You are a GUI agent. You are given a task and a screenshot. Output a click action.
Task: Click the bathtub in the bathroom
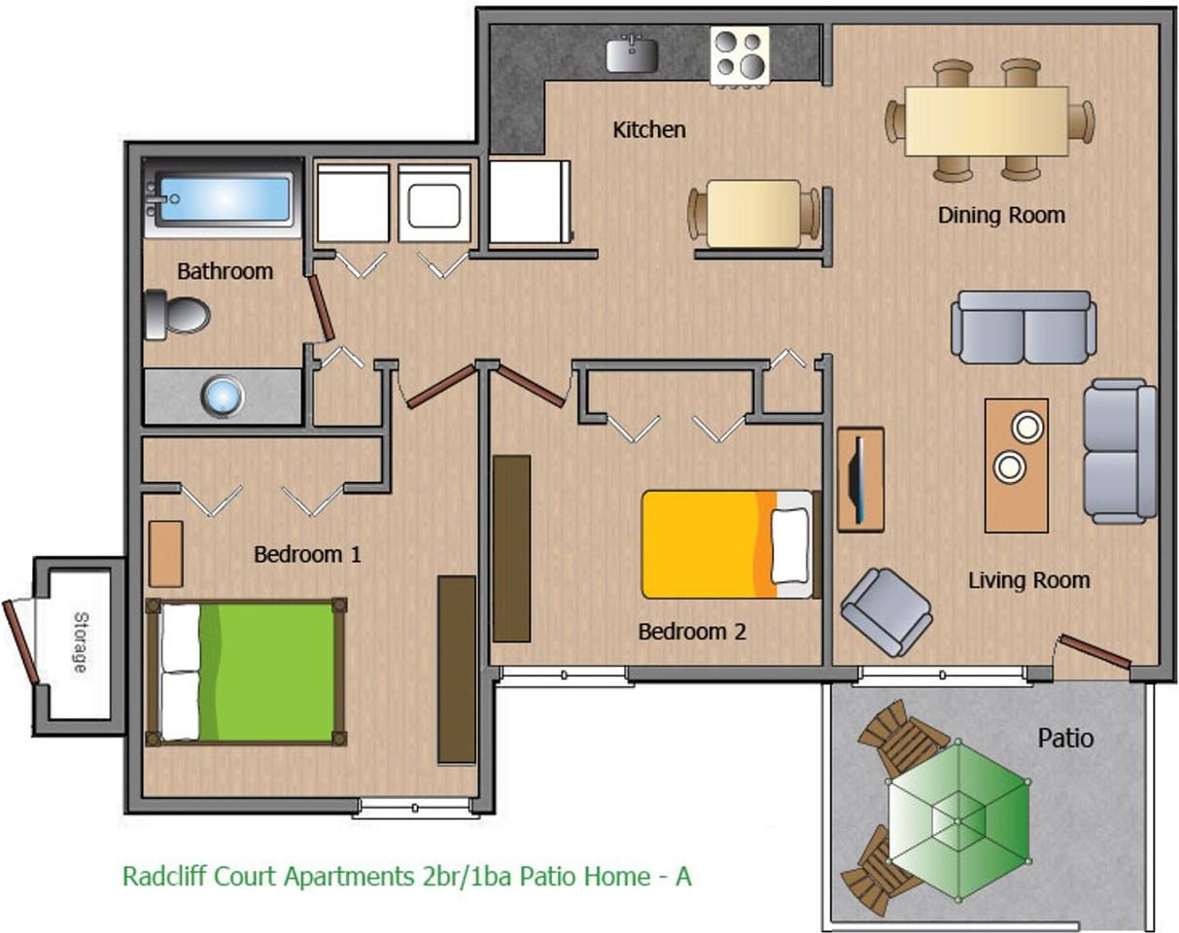pyautogui.click(x=224, y=198)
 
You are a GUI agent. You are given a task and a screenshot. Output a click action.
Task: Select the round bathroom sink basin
pyautogui.click(x=223, y=397)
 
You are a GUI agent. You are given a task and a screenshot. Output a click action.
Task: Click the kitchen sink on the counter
pyautogui.click(x=632, y=53)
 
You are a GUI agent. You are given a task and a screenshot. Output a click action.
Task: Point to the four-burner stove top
pyautogui.click(x=740, y=55)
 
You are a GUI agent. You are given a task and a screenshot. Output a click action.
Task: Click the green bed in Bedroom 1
pyautogui.click(x=246, y=672)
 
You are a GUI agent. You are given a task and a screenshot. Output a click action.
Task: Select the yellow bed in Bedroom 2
pyautogui.click(x=726, y=544)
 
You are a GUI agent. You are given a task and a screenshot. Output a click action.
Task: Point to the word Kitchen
pyautogui.click(x=648, y=129)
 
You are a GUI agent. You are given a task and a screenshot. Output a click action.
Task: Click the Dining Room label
pyautogui.click(x=1001, y=215)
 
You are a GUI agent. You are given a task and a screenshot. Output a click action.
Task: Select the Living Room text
pyautogui.click(x=1028, y=580)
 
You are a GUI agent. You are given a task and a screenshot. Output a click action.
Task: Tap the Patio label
pyautogui.click(x=1065, y=738)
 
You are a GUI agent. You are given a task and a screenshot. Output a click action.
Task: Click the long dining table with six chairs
pyautogui.click(x=987, y=121)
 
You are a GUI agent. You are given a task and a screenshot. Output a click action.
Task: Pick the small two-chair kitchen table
pyautogui.click(x=754, y=213)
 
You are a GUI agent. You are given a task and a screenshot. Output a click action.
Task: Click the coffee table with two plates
pyautogui.click(x=1016, y=465)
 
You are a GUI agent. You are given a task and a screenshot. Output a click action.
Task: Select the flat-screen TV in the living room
pyautogui.click(x=858, y=478)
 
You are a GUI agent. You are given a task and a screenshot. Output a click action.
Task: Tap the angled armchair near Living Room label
pyautogui.click(x=886, y=610)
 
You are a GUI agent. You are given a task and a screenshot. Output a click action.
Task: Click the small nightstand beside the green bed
pyautogui.click(x=165, y=553)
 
